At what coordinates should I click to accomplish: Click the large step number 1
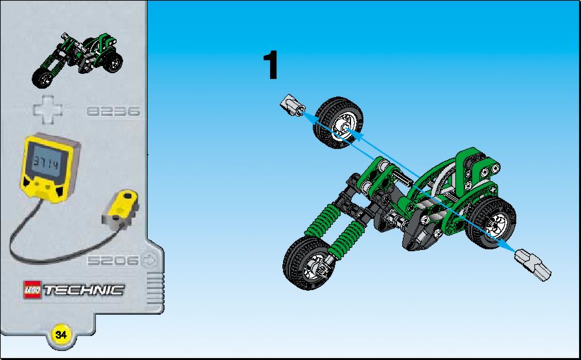(271, 65)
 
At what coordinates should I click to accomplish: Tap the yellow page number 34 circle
(61, 335)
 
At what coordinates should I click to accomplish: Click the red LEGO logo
(32, 289)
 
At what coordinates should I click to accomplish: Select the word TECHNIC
(84, 290)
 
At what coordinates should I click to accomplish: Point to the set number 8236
(113, 111)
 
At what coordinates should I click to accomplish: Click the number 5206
(113, 260)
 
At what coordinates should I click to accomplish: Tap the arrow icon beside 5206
(150, 260)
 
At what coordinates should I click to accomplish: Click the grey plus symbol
(48, 109)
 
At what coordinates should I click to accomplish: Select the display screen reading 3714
(47, 163)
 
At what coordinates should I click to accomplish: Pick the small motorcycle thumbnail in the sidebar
(77, 60)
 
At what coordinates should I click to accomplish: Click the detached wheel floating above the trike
(338, 123)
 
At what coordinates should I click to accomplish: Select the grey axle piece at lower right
(533, 264)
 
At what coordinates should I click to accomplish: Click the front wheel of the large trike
(308, 263)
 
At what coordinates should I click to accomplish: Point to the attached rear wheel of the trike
(491, 223)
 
